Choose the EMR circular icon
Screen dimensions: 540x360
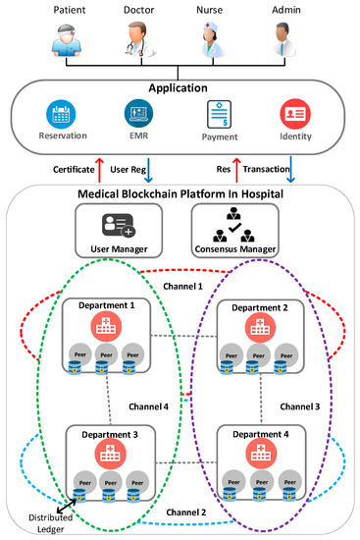click(136, 111)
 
